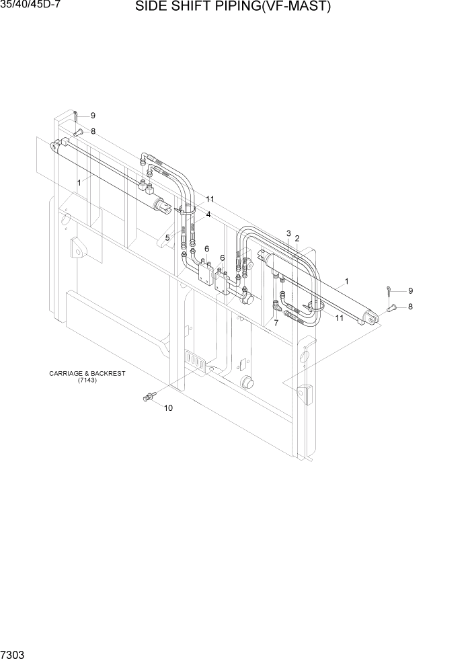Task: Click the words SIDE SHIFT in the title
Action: point(176,7)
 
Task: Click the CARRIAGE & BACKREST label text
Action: point(87,373)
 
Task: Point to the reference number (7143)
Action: point(87,381)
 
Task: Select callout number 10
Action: point(168,408)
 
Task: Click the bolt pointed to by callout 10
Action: point(148,399)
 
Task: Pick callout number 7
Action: point(275,323)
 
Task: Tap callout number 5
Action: point(167,237)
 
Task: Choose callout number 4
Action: point(208,214)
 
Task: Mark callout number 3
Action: point(288,233)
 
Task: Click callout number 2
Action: point(297,238)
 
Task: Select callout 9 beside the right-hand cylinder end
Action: point(410,290)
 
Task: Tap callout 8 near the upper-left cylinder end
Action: point(93,131)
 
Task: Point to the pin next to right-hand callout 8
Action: point(394,307)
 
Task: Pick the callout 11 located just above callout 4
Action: point(210,199)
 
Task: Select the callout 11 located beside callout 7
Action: point(339,318)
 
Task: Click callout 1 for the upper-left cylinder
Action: point(79,182)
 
